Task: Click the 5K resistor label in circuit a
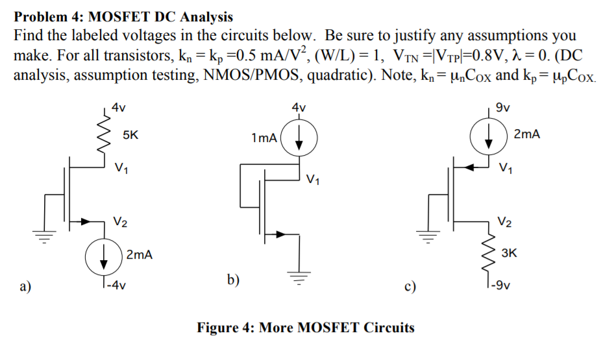tap(130, 136)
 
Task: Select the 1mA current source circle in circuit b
tap(299, 139)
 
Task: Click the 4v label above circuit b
tap(299, 107)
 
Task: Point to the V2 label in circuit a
tap(120, 222)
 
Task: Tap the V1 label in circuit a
tap(121, 170)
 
